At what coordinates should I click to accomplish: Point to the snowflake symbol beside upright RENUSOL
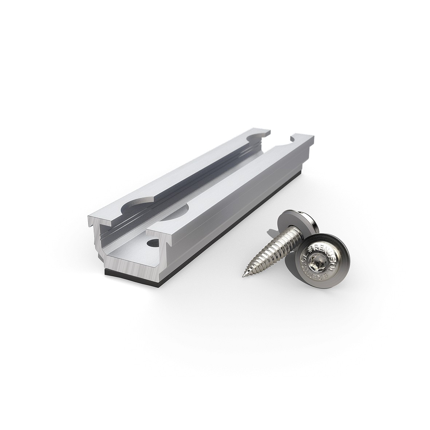click(310, 249)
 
